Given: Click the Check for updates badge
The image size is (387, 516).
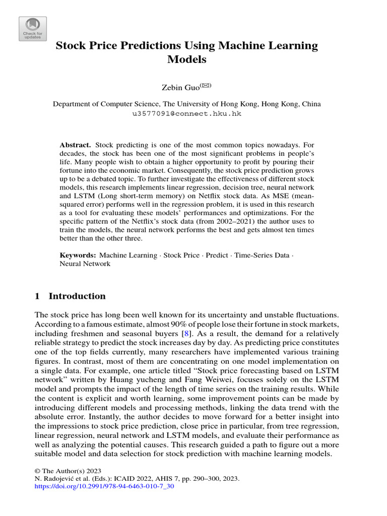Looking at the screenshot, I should pos(33,28).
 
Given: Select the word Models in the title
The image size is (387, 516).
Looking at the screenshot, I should pos(186,59).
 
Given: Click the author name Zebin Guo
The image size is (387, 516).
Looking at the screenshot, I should pos(179,88).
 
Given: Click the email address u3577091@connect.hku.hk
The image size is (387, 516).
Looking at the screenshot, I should pos(186,114).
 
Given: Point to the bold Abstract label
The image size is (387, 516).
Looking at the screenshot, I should pos(75,145).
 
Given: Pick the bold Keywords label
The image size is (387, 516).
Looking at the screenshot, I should pos(78,255).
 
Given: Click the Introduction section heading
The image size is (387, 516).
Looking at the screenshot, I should pos(76,296).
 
